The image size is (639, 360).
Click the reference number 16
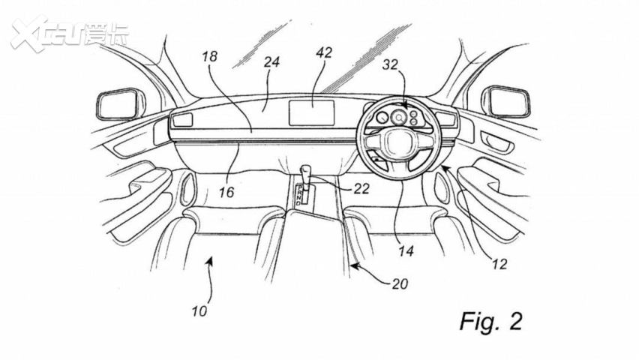pyautogui.click(x=226, y=193)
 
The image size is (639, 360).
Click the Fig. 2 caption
pyautogui.click(x=490, y=321)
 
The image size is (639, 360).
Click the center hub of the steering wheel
pyautogui.click(x=397, y=143)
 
